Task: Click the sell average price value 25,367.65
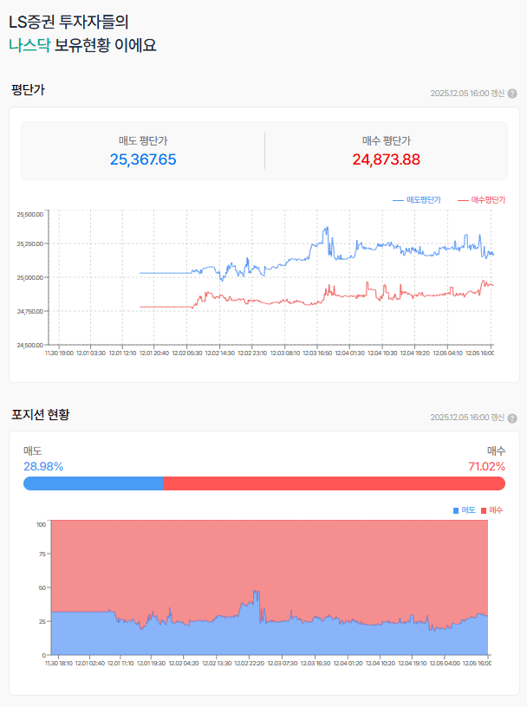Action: [143, 159]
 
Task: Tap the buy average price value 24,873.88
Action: [386, 159]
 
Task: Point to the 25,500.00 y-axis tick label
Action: [29, 214]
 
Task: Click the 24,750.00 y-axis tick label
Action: [29, 311]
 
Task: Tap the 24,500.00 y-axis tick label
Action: [29, 345]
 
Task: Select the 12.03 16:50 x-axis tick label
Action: [318, 353]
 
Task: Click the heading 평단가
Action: [28, 89]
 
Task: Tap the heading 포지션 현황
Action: [40, 414]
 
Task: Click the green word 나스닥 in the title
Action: [29, 45]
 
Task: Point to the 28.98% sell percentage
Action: [43, 466]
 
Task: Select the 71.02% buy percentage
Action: [486, 466]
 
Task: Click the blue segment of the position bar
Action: [93, 483]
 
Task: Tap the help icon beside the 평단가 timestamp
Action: [512, 94]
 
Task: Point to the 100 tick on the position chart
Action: [41, 524]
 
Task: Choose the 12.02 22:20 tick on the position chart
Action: [250, 663]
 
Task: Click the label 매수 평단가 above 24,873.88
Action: [386, 140]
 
